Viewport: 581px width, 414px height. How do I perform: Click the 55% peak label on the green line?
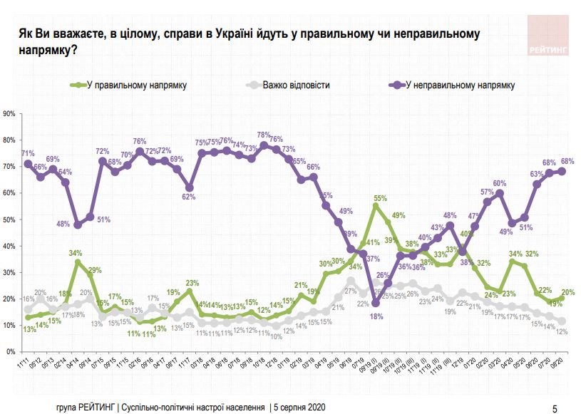[380, 197]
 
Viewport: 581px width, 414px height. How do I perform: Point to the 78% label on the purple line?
[263, 135]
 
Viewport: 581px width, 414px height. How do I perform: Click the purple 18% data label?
[373, 316]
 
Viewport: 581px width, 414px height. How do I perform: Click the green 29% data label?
[95, 270]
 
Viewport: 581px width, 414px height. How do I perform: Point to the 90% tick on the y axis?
[9, 113]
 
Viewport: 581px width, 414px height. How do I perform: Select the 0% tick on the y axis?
[11, 352]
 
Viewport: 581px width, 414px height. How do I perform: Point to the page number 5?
[555, 408]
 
